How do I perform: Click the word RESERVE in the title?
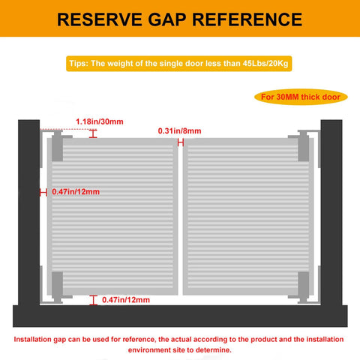point(100,19)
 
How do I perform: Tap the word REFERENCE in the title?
point(247,19)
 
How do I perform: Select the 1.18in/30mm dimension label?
point(100,121)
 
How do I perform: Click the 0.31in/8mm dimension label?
point(179,130)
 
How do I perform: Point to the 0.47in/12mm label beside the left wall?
point(76,192)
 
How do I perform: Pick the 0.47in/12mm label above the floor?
point(126,300)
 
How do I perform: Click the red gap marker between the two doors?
point(181,142)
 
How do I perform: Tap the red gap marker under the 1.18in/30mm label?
point(93,133)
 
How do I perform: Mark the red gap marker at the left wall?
point(43,193)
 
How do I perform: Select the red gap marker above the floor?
point(93,300)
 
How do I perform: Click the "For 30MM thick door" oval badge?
point(301,97)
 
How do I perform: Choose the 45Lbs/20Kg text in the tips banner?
point(265,63)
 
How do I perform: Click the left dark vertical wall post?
point(28,212)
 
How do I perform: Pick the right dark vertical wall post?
point(331,212)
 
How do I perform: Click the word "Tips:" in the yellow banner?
point(79,63)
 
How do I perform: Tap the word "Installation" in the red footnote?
point(32,339)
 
